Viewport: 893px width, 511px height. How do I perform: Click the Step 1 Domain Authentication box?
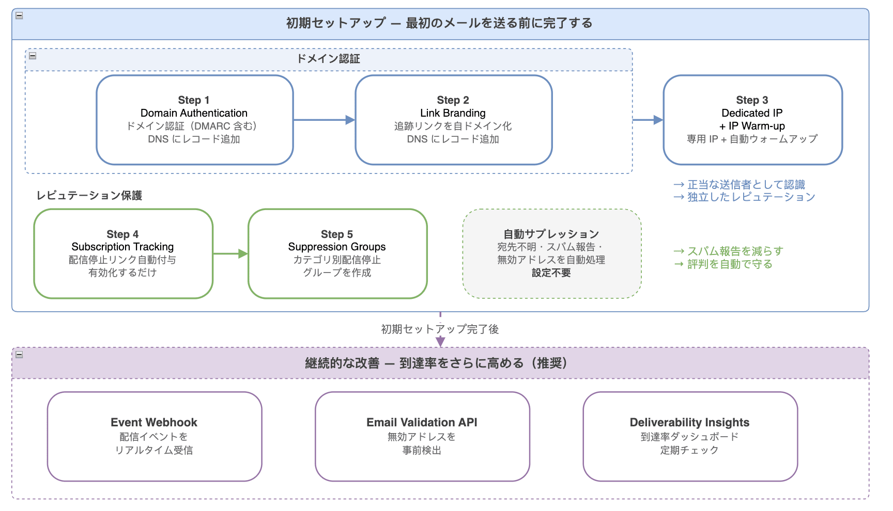pos(194,120)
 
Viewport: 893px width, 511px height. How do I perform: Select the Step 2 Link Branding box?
pos(453,120)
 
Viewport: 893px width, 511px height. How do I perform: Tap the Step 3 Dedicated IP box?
pos(752,120)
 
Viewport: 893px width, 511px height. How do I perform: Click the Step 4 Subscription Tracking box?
pos(123,253)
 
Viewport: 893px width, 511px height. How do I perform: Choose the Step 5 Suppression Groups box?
pos(337,253)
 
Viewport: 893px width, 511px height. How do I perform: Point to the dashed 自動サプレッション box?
pos(551,253)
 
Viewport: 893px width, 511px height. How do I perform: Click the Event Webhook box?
pos(154,436)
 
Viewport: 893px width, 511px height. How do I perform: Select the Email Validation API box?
pos(422,436)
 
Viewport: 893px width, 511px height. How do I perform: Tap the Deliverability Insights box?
pos(689,436)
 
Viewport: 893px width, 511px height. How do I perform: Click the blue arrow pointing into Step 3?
pos(648,120)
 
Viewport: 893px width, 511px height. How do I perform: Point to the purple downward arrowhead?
pos(440,342)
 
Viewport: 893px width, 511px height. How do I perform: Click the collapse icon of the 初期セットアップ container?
pos(19,15)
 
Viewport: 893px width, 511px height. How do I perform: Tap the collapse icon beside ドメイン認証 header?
pos(33,56)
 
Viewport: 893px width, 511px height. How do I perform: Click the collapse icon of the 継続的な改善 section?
pos(19,355)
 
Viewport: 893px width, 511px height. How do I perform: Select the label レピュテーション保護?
pos(89,196)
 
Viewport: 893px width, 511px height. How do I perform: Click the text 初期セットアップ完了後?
pos(440,329)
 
